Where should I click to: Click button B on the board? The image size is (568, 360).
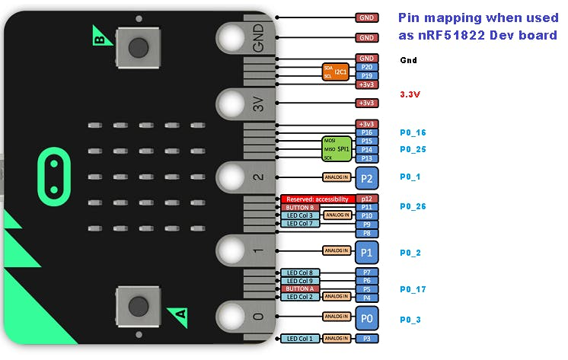138,47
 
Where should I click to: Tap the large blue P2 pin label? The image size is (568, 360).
367,178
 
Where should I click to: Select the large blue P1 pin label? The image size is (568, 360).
367,250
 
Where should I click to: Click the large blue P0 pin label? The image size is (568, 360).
367,316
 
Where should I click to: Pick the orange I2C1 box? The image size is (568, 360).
335,72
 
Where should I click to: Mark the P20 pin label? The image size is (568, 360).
367,67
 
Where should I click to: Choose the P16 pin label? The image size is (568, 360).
367,132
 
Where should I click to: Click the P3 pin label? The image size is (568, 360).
367,338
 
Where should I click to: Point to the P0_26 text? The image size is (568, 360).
413,206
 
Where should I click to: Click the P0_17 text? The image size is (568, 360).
413,289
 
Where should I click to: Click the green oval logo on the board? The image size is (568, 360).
53,173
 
